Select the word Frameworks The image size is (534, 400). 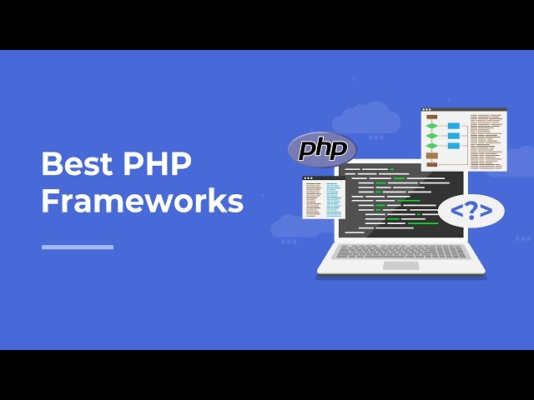142,202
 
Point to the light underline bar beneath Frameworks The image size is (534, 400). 78,247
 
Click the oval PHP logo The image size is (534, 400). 322,150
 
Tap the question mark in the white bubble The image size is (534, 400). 471,211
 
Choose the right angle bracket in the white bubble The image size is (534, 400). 486,212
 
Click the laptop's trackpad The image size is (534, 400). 401,265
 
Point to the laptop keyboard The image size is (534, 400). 401,251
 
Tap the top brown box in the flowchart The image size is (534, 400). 432,117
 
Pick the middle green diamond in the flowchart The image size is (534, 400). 432,135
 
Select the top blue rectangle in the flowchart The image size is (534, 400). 454,126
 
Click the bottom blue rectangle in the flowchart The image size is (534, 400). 454,145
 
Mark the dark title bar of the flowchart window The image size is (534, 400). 464,110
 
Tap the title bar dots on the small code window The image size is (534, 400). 308,177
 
